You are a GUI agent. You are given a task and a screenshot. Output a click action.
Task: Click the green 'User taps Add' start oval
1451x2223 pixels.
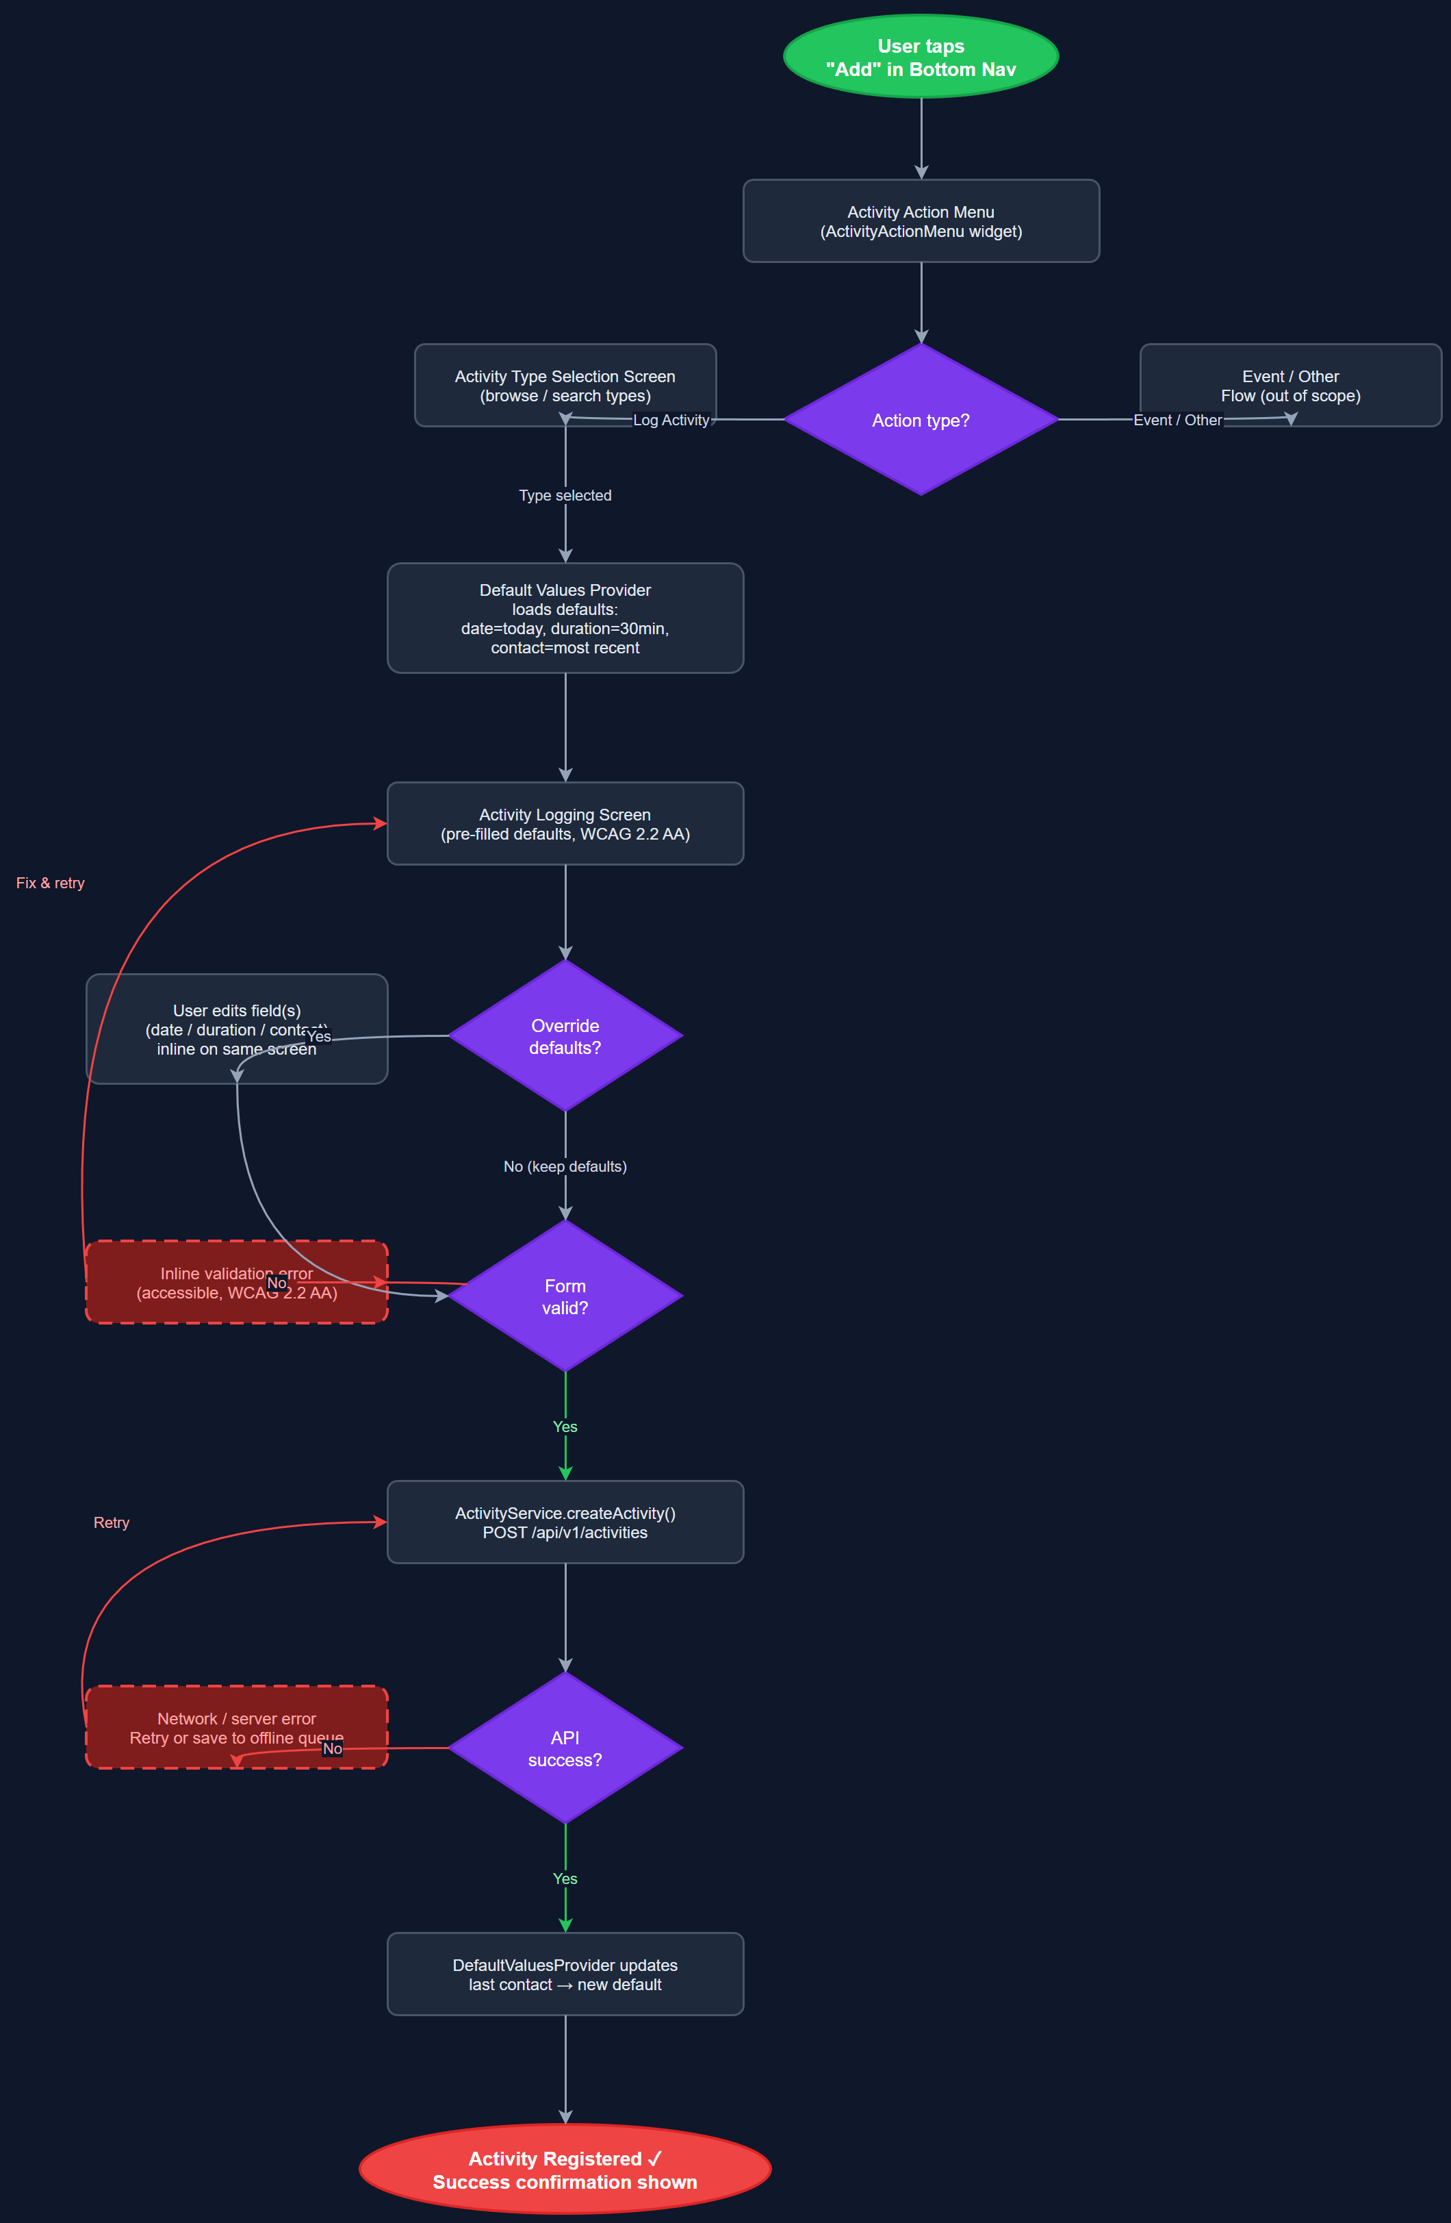[x=921, y=57]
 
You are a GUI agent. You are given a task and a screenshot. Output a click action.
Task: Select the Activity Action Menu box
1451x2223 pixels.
[x=921, y=221]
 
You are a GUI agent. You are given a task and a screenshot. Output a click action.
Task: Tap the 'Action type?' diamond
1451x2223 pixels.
[x=921, y=420]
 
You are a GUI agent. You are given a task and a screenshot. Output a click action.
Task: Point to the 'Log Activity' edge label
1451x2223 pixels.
[x=671, y=420]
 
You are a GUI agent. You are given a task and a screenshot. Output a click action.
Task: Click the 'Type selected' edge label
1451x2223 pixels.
[x=565, y=496]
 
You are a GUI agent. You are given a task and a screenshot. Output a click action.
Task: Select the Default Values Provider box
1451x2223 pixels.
[x=565, y=618]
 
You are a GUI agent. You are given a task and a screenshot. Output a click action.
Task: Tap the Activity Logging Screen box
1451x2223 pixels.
[x=565, y=824]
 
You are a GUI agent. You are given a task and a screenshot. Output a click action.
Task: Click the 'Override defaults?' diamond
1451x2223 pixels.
[x=565, y=1037]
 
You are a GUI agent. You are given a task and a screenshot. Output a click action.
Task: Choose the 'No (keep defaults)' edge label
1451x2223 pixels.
[x=565, y=1166]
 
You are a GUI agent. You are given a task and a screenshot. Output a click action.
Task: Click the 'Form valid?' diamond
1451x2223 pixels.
[x=565, y=1297]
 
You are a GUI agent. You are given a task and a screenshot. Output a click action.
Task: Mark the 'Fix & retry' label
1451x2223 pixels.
[x=51, y=883]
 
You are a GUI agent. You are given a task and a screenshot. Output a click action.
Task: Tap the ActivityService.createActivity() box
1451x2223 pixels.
[x=565, y=1522]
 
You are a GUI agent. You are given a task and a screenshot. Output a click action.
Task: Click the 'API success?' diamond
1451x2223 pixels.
[x=565, y=1748]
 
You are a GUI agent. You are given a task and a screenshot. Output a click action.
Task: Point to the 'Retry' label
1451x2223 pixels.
[x=111, y=1523]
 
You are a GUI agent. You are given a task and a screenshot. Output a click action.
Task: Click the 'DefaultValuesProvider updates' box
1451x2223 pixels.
[x=565, y=1974]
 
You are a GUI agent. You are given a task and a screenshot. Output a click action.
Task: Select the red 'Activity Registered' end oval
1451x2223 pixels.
[x=565, y=2170]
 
